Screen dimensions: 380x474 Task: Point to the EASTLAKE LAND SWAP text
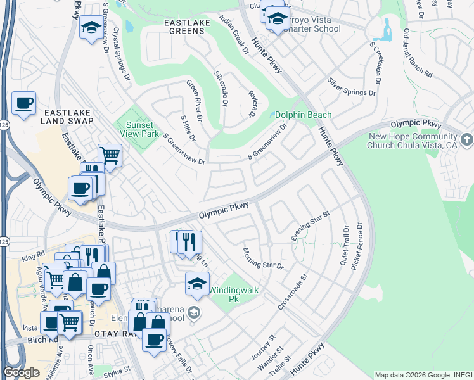67,116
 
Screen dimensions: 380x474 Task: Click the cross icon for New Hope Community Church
466,139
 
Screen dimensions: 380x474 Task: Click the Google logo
21,372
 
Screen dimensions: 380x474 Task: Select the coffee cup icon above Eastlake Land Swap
24,103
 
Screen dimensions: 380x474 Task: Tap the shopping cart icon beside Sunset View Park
110,155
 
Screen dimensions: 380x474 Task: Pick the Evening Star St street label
311,226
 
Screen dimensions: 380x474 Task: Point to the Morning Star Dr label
262,258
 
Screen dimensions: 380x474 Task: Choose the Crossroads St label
292,292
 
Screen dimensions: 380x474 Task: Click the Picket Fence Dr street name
360,244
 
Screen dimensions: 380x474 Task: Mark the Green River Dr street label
193,98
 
